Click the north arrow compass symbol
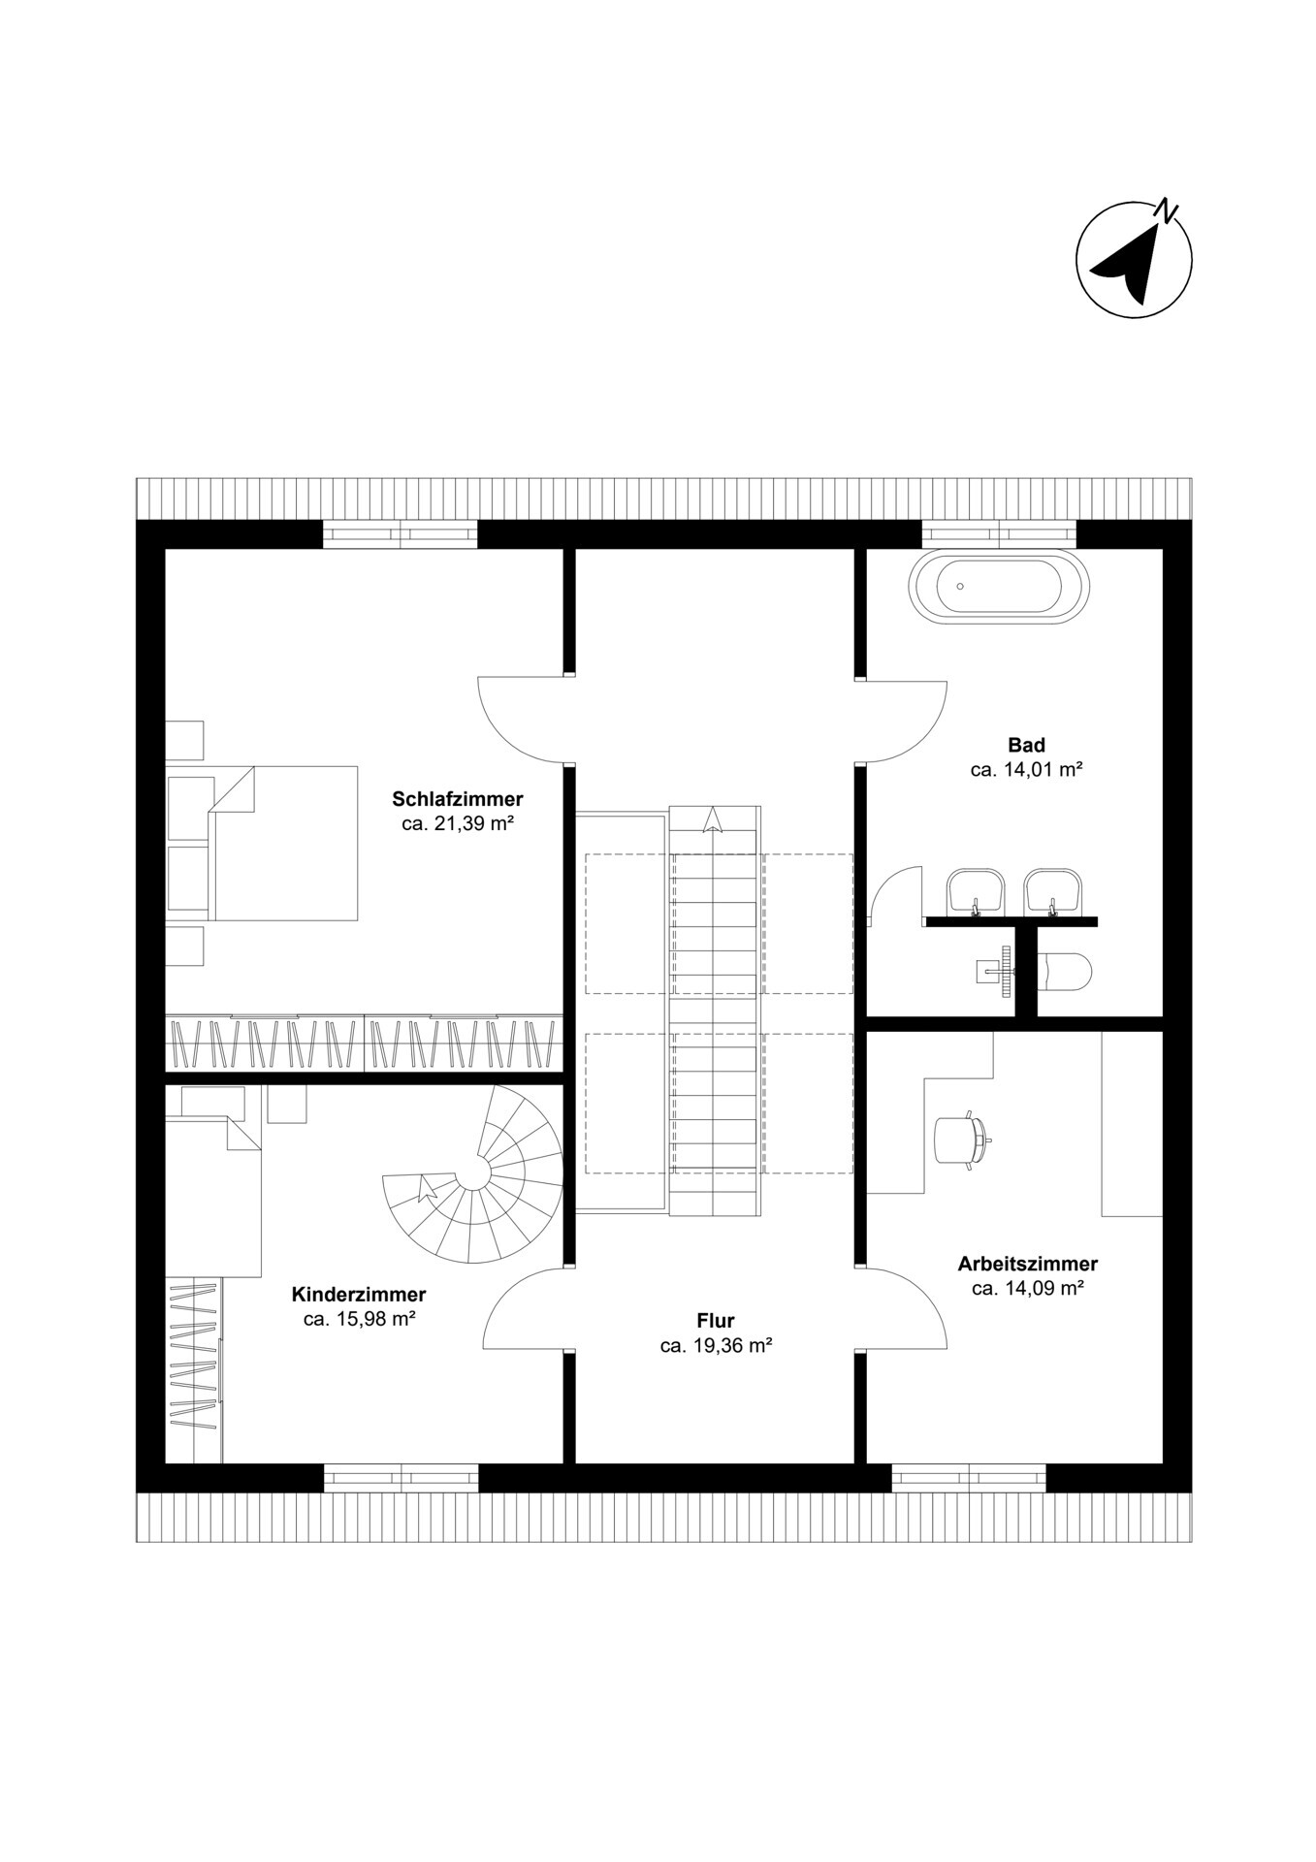(1133, 259)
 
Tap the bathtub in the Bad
(999, 587)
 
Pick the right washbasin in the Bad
(1053, 889)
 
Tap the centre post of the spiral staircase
(474, 1173)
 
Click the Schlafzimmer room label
(457, 799)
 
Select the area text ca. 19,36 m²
(716, 1345)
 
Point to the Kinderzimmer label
(359, 1295)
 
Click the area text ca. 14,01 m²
(1026, 770)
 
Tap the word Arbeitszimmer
(1027, 1264)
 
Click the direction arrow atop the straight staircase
(714, 820)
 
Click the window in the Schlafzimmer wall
(400, 534)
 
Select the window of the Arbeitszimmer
(968, 1477)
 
